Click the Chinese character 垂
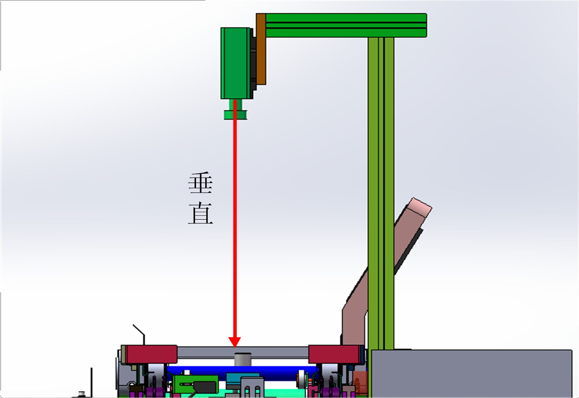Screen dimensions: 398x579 [200, 183]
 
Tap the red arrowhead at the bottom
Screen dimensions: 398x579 [235, 342]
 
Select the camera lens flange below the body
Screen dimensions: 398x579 [235, 115]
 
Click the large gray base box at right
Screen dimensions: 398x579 [472, 373]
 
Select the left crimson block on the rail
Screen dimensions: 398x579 [151, 354]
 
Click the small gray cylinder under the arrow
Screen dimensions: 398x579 [243, 359]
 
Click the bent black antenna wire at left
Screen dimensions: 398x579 [139, 331]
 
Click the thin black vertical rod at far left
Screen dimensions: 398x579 [91, 381]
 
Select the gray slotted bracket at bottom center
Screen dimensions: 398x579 [252, 387]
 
